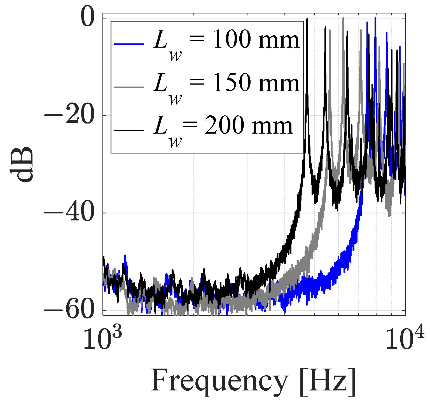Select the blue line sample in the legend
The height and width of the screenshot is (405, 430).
pyautogui.click(x=129, y=44)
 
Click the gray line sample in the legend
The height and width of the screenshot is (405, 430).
pyautogui.click(x=129, y=87)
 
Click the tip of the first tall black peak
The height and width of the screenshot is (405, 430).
pyautogui.click(x=307, y=18)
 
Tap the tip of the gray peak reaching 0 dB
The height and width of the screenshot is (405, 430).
pyautogui.click(x=343, y=18)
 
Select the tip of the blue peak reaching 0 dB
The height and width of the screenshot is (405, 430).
pyautogui.click(x=375, y=18)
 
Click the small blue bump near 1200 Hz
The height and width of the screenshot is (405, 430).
pyautogui.click(x=125, y=256)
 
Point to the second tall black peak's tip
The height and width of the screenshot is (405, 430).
pyautogui.click(x=325, y=27)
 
